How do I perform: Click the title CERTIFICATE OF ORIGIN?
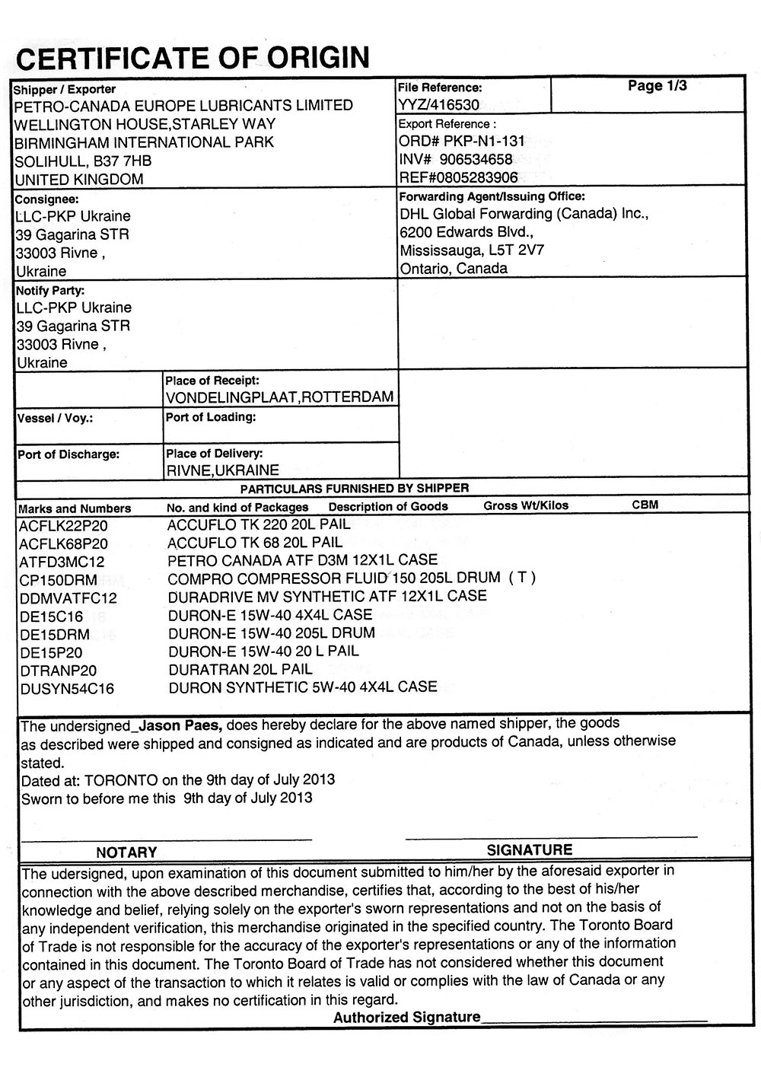[x=193, y=57]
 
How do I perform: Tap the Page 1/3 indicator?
[x=657, y=86]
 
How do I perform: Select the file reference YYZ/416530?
[x=439, y=105]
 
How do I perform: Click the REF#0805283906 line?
[x=458, y=177]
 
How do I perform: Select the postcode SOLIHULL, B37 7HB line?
[x=84, y=161]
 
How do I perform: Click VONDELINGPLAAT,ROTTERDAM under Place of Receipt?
[x=279, y=397]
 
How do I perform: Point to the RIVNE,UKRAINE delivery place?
[x=223, y=470]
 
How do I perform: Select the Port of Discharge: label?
[x=68, y=454]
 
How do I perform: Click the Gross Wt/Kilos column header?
[x=526, y=505]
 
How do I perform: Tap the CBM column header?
[x=645, y=505]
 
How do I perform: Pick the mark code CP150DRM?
[x=59, y=580]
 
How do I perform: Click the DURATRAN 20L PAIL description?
[x=240, y=669]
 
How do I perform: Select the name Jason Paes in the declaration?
[x=180, y=723]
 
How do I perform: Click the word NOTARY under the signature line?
[x=126, y=852]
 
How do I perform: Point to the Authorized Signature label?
[x=407, y=1017]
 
